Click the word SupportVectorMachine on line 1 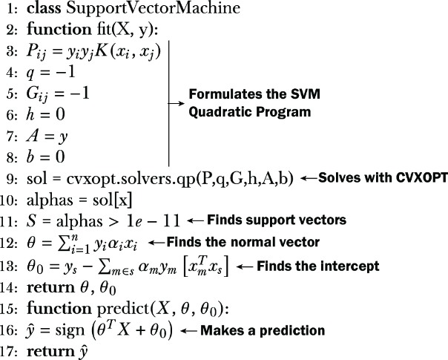coord(154,9)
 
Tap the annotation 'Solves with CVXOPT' coord(383,178)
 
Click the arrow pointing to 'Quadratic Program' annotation coord(177,103)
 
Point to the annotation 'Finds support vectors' coord(277,220)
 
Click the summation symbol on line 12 coord(63,244)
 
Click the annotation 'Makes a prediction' coord(263,330)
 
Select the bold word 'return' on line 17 coord(50,351)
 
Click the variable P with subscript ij coord(36,52)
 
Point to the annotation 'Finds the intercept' coord(318,266)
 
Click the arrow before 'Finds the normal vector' coord(157,243)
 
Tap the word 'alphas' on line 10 coord(50,200)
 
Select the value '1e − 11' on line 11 coord(153,221)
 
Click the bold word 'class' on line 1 coord(44,8)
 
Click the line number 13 coord(9,266)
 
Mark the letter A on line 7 coord(33,136)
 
